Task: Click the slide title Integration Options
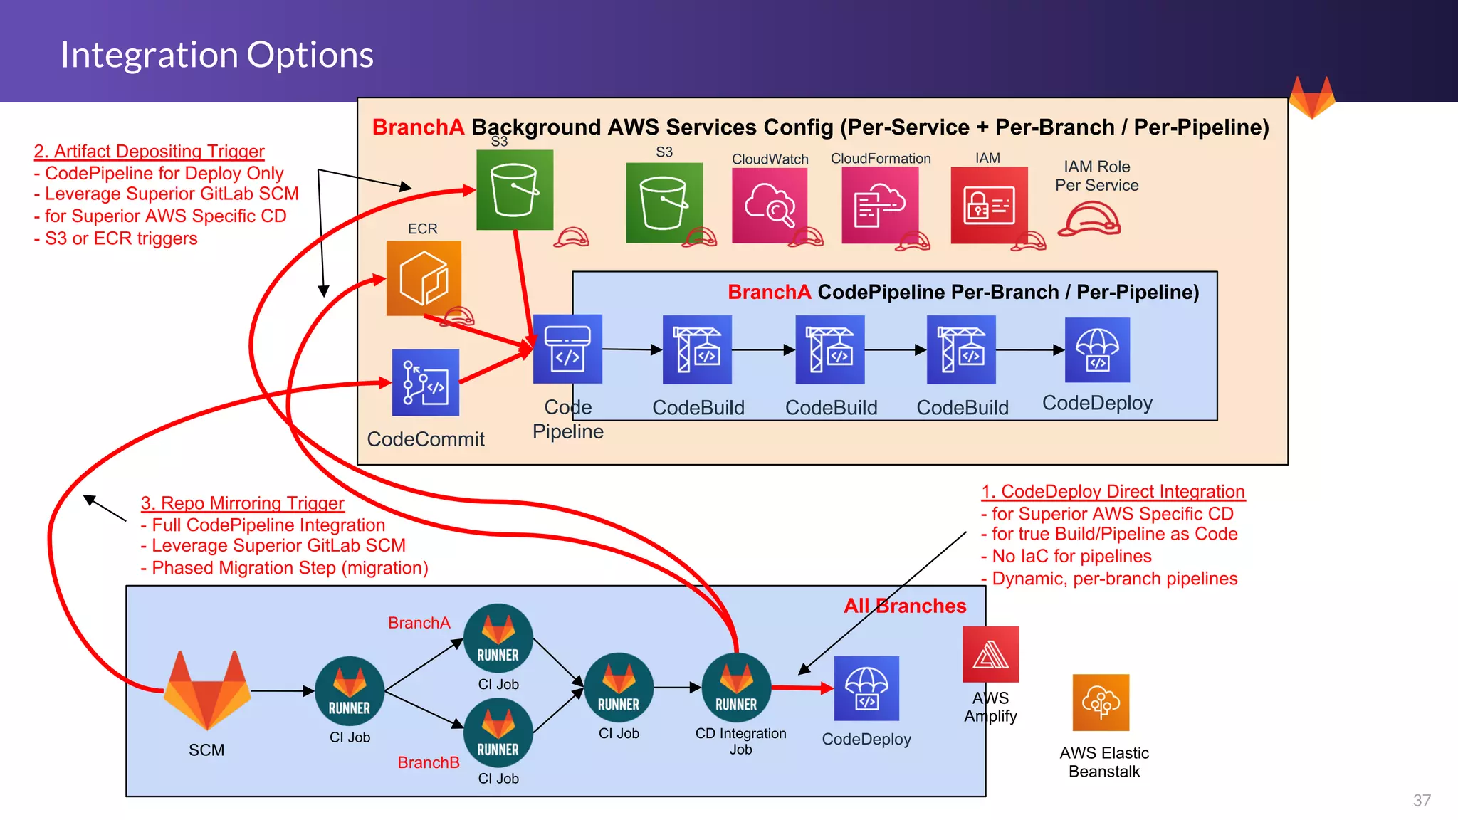[x=216, y=55]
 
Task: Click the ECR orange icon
[x=424, y=278]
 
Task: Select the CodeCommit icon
[x=425, y=383]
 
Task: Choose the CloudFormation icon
[x=880, y=205]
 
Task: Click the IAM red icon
[x=989, y=205]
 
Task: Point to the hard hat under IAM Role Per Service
[x=1089, y=219]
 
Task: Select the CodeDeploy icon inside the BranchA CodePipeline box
[x=1097, y=350]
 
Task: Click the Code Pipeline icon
[x=567, y=349]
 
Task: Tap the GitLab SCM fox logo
[x=207, y=690]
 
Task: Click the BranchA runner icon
[x=498, y=638]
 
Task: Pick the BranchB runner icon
[x=498, y=733]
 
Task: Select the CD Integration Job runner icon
[x=736, y=688]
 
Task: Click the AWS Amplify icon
[x=990, y=654]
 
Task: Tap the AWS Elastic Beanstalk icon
[x=1101, y=703]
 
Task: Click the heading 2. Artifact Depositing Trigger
[x=149, y=152]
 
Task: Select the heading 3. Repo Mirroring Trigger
[x=242, y=503]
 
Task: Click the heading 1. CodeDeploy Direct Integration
[x=1113, y=492]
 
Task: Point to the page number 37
[x=1421, y=801]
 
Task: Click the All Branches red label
[x=905, y=606]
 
